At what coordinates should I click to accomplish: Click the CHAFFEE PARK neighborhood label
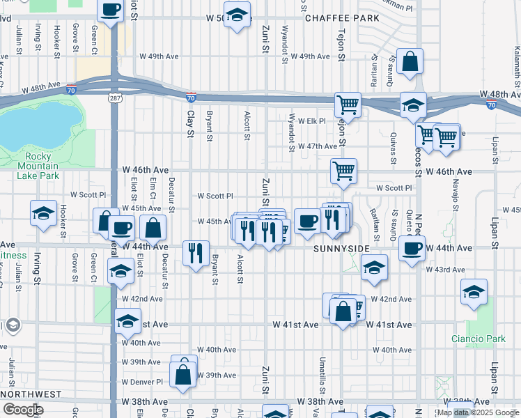tap(343, 18)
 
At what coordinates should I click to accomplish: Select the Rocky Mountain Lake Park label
tap(41, 167)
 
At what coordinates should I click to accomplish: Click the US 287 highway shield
tap(114, 98)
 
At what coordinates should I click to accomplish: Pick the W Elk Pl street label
tap(312, 121)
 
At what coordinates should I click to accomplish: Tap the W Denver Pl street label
tap(141, 382)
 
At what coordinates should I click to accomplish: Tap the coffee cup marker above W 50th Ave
tap(111, 10)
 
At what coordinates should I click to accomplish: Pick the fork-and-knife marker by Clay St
tap(196, 251)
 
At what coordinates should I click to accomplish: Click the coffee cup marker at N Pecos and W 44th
tap(412, 247)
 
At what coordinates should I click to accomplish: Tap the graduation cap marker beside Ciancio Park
tap(474, 292)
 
